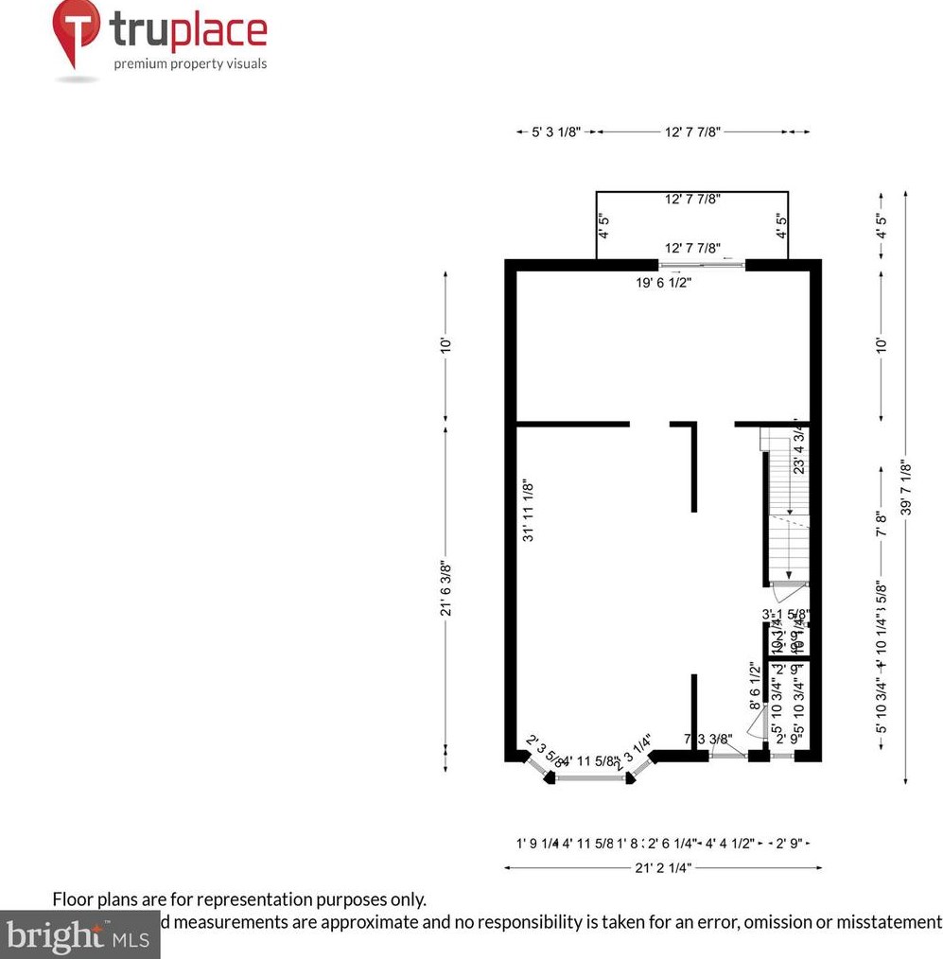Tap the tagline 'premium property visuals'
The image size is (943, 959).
[x=190, y=64]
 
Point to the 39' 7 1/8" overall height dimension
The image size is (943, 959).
[x=906, y=487]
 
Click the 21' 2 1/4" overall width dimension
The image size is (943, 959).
[x=662, y=866]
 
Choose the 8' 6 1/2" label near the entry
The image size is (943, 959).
[x=755, y=686]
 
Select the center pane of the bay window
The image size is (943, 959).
[x=598, y=778]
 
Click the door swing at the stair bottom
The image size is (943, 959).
[x=787, y=593]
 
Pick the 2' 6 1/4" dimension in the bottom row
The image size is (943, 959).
[x=672, y=843]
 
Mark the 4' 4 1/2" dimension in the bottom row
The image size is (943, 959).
[x=730, y=843]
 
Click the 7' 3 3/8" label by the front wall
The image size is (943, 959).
[x=708, y=740]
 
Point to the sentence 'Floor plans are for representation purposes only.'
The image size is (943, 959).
[x=238, y=899]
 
